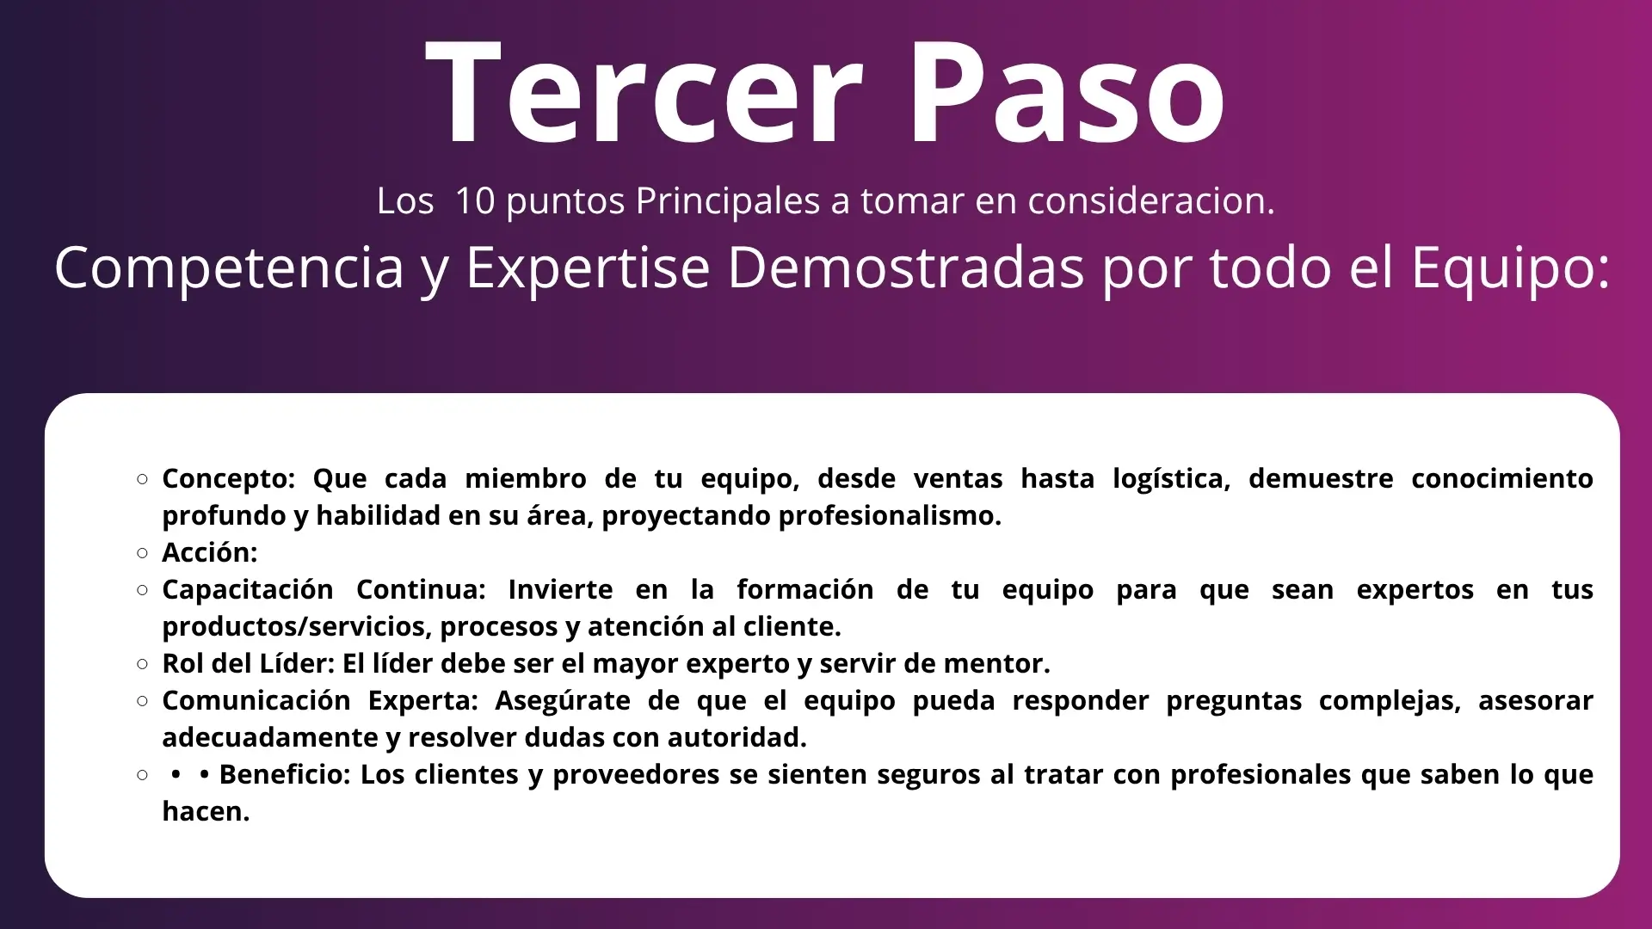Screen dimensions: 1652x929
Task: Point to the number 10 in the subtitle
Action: point(474,200)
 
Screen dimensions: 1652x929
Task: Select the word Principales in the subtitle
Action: point(728,202)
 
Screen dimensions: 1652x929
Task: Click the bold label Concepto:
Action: point(228,479)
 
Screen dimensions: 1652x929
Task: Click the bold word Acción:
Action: point(210,552)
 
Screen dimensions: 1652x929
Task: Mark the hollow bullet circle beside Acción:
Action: point(143,553)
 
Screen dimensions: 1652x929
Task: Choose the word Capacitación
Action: point(248,590)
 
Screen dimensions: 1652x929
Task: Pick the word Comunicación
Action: point(256,701)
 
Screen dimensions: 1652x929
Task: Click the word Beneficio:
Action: point(285,774)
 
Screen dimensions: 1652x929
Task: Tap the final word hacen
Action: point(206,811)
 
